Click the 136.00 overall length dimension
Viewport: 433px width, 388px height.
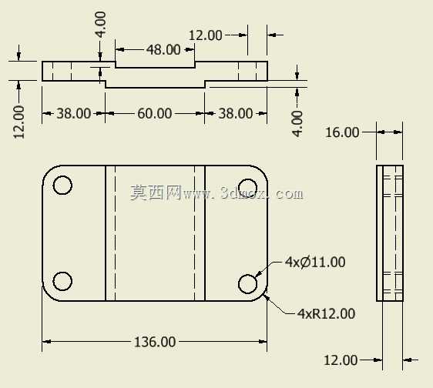(x=155, y=342)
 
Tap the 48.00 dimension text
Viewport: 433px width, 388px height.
(x=163, y=50)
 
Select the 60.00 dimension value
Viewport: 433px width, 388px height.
(x=155, y=113)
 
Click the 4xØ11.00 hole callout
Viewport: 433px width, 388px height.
(x=315, y=262)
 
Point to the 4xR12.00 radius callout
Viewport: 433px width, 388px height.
(x=326, y=314)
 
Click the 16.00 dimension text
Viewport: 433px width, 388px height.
(x=342, y=132)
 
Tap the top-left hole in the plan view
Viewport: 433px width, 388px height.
(x=62, y=185)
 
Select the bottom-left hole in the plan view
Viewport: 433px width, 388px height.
(x=62, y=281)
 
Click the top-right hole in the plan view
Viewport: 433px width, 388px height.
(x=247, y=186)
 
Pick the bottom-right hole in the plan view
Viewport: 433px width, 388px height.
(x=248, y=284)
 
